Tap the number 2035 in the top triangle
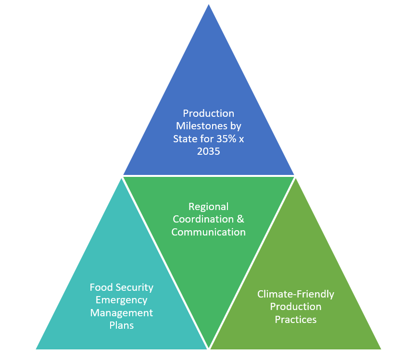(208, 151)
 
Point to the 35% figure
(222, 139)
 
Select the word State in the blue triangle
(185, 139)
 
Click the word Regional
(208, 207)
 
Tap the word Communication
(208, 232)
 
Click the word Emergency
(121, 300)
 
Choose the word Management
(121, 312)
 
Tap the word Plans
(121, 325)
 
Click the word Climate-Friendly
(295, 294)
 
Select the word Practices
(295, 319)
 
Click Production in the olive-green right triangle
(295, 306)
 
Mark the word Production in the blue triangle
(208, 114)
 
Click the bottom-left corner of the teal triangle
(37, 348)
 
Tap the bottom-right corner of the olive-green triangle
(380, 348)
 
